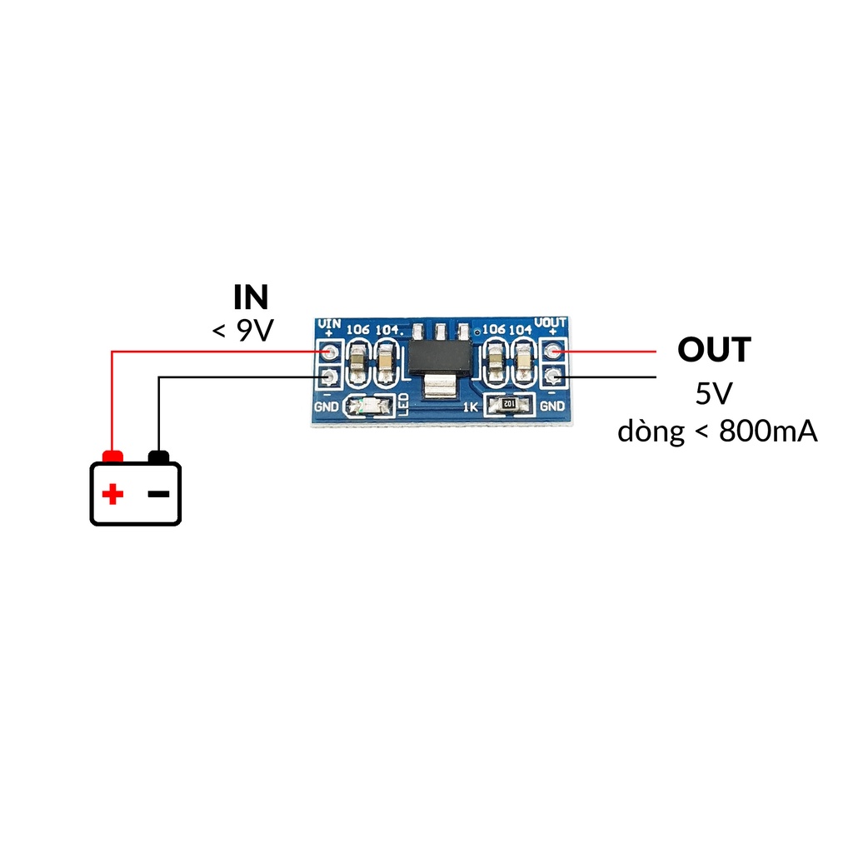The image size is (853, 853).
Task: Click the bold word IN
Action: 251,297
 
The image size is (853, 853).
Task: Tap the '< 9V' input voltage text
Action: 242,331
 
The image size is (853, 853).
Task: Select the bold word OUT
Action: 714,350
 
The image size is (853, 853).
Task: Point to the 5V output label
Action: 713,393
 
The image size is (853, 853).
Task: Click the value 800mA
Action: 767,431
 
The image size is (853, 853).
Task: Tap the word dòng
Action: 651,431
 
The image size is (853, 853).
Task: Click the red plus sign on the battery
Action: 112,495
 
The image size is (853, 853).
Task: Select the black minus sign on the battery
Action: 158,494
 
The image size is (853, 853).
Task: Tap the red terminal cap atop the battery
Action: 112,456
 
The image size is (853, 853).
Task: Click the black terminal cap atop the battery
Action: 158,456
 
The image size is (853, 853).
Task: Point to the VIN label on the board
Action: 331,322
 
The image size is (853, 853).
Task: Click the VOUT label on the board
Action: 551,322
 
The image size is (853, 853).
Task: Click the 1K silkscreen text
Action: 470,407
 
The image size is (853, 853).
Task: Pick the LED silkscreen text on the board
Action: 404,403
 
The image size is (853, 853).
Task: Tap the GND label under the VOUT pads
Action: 551,407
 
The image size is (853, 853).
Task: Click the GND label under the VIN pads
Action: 327,407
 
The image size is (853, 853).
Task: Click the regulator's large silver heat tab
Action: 440,387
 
